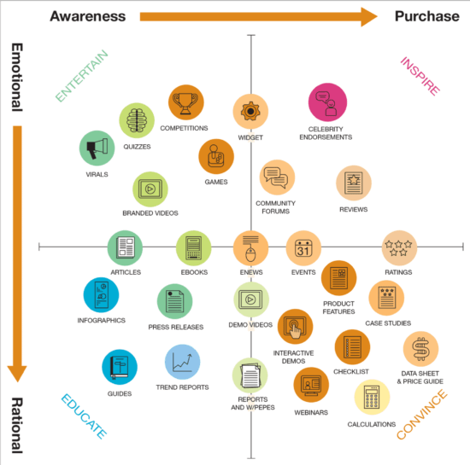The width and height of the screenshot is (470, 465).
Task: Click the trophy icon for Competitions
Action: [x=186, y=103]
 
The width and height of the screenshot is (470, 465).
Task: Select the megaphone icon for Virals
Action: [x=97, y=148]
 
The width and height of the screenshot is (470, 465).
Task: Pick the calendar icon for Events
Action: [x=303, y=248]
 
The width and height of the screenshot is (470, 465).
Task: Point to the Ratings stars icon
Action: [x=399, y=248]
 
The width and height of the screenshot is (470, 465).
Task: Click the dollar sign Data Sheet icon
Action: [x=420, y=348]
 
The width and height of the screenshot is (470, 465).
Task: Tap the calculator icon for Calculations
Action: [x=372, y=398]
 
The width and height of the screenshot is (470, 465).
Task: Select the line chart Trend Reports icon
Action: [x=182, y=361]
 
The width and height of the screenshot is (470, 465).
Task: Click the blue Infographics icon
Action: [x=101, y=295]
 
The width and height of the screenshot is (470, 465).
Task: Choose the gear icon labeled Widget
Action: [x=251, y=111]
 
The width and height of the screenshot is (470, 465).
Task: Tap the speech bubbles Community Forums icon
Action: [x=277, y=177]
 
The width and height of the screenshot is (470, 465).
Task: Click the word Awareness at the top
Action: [x=88, y=16]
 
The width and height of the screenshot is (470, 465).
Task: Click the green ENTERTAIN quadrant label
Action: [x=83, y=76]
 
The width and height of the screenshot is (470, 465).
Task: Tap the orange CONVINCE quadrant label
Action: [x=422, y=416]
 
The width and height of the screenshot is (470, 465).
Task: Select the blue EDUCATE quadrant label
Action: [x=83, y=416]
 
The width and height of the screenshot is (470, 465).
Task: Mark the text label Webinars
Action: [x=312, y=412]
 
